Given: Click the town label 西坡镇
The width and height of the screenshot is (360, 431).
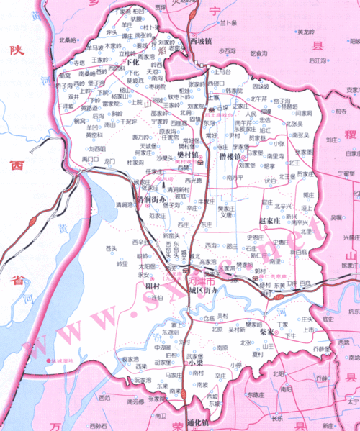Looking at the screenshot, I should click(x=202, y=42).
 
